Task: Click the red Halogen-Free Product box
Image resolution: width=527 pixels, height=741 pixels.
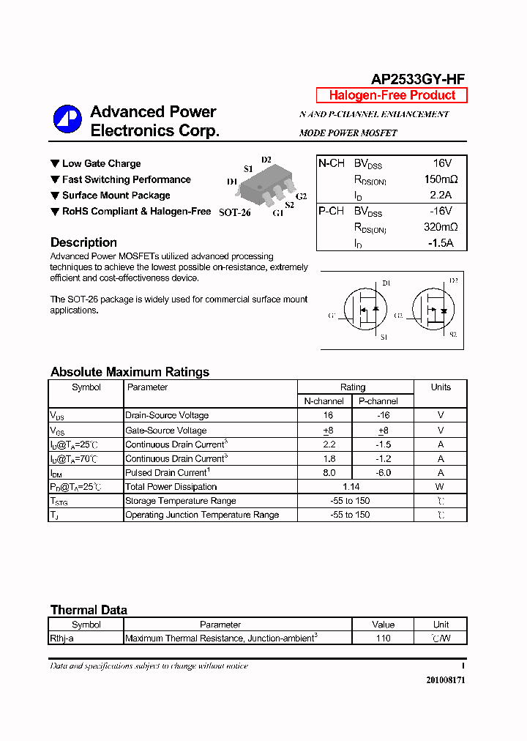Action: point(392,96)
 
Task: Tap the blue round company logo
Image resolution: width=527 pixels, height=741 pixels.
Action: point(67,119)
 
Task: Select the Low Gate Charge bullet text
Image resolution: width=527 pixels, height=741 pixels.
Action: point(101,164)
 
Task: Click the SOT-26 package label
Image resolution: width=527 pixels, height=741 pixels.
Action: point(234,212)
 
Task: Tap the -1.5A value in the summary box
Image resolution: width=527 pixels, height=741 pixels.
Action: point(441,243)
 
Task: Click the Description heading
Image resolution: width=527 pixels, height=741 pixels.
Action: point(83,242)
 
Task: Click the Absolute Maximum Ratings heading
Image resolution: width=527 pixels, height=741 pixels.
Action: point(130,372)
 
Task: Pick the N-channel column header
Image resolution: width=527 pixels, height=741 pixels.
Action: point(324,401)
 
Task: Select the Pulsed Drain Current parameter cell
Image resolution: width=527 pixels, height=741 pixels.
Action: point(168,473)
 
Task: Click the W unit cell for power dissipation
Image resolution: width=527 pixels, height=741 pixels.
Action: point(440,487)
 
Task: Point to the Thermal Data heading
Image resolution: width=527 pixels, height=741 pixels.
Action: point(89,610)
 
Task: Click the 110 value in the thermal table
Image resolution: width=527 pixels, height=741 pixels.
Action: point(383,638)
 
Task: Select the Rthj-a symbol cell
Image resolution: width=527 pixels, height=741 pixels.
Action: point(62,638)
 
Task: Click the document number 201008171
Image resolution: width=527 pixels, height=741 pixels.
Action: point(445,680)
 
